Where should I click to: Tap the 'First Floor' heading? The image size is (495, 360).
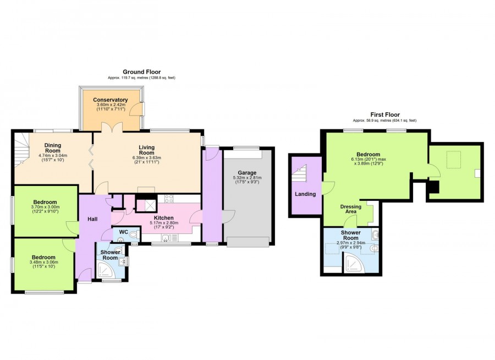click(384, 114)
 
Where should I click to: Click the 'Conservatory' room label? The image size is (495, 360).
click(110, 100)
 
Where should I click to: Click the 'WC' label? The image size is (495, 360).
click(124, 233)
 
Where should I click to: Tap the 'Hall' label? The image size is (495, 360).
click(92, 219)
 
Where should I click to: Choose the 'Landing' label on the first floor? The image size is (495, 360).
click(305, 194)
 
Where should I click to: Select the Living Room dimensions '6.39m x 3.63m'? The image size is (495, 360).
click(146, 158)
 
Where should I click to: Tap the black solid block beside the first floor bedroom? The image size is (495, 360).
click(433, 187)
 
